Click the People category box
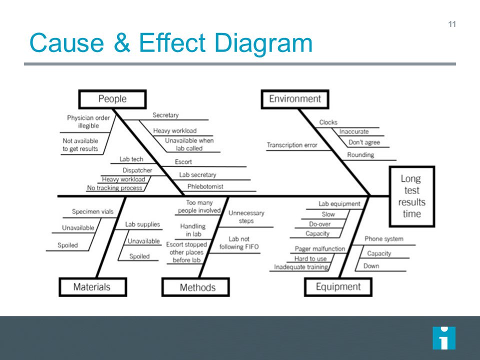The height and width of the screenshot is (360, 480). [x=112, y=99]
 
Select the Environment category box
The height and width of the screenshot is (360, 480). [x=295, y=99]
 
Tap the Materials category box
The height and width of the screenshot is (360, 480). [x=92, y=287]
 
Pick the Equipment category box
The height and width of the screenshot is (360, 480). [x=338, y=287]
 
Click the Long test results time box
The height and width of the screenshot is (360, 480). [x=412, y=196]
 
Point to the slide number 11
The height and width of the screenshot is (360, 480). [x=452, y=24]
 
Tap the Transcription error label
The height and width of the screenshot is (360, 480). [x=292, y=145]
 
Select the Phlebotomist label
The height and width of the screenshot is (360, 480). [x=205, y=186]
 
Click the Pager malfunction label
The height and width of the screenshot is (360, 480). [x=320, y=248]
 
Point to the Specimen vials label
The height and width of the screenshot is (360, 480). [x=92, y=212]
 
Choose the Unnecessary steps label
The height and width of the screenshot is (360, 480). [x=246, y=217]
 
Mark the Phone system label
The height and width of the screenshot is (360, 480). [x=383, y=239]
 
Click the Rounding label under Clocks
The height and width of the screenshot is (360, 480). [x=360, y=155]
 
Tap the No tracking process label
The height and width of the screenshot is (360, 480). [x=114, y=188]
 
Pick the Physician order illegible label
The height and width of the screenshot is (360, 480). [x=88, y=122]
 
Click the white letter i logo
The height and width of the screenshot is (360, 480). [x=443, y=338]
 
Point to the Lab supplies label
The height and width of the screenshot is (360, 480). [x=142, y=225]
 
